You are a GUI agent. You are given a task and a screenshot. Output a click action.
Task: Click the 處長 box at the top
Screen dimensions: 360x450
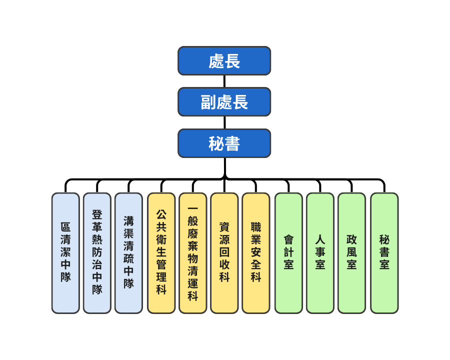pyautogui.click(x=224, y=61)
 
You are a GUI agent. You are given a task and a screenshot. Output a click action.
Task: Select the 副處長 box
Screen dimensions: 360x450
pyautogui.click(x=224, y=102)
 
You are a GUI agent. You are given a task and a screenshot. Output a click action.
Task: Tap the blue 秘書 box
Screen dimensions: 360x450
pyautogui.click(x=224, y=143)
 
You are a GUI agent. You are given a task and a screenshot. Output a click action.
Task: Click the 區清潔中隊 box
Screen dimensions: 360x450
pyautogui.click(x=65, y=253)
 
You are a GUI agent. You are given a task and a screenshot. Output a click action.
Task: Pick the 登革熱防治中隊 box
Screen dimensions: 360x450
pyautogui.click(x=97, y=253)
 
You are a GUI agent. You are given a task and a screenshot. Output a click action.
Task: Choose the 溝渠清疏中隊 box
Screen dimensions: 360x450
pyautogui.click(x=128, y=253)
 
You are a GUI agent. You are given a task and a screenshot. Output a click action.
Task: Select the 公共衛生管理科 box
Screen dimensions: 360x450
pyautogui.click(x=161, y=253)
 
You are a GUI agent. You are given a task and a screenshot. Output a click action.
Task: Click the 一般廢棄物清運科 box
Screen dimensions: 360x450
pyautogui.click(x=192, y=253)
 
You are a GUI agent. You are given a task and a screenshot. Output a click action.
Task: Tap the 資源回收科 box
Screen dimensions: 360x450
pyautogui.click(x=224, y=253)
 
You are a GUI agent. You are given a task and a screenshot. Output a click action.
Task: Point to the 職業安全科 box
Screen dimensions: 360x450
pyautogui.click(x=255, y=253)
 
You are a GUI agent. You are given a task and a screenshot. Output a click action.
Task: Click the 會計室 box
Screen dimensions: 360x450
pyautogui.click(x=288, y=253)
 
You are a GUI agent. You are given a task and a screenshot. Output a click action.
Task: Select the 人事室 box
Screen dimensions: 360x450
pyautogui.click(x=320, y=253)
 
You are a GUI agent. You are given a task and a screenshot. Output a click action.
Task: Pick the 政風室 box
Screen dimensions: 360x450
pyautogui.click(x=351, y=253)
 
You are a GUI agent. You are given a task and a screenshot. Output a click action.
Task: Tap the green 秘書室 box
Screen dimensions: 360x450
pyautogui.click(x=384, y=253)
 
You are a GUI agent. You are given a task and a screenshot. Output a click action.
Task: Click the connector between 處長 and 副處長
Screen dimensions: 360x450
pyautogui.click(x=224, y=81)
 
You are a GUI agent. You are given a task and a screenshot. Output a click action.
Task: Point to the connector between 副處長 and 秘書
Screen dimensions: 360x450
pyautogui.click(x=224, y=122)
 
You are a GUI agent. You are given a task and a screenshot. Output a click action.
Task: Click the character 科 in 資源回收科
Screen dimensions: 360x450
pyautogui.click(x=224, y=277)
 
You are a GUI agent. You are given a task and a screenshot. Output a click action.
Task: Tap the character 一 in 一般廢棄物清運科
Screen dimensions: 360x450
pyautogui.click(x=192, y=208)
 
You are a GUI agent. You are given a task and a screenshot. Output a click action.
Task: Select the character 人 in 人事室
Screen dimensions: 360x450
pyautogui.click(x=320, y=239)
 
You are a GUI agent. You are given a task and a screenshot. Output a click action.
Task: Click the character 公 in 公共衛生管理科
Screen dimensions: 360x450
pyautogui.click(x=161, y=214)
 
